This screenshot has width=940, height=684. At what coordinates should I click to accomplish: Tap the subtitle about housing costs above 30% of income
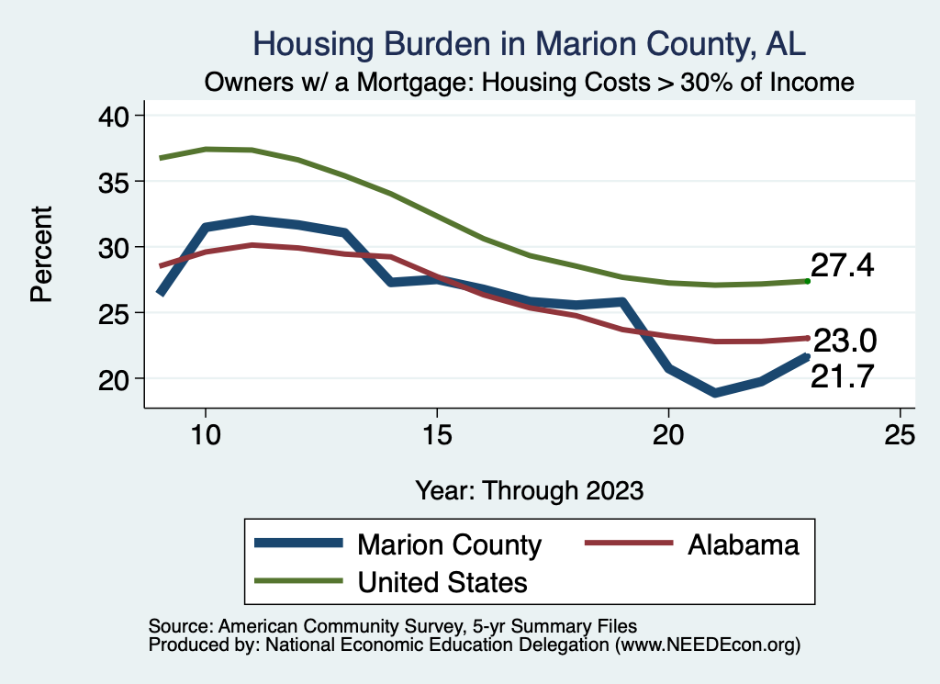529,83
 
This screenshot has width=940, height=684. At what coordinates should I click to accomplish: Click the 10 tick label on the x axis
206,435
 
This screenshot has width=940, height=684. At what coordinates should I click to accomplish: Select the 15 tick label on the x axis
437,435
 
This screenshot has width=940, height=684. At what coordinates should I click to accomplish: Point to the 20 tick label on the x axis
668,435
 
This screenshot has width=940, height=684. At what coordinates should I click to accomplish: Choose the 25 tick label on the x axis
900,435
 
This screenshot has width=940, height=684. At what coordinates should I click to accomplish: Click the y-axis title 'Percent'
40,254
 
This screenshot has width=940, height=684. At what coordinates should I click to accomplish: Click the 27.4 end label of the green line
842,266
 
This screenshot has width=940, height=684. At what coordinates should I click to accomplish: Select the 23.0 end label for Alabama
845,342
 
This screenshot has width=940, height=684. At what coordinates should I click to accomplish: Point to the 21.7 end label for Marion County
842,375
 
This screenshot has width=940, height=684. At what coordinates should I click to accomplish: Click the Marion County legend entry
449,544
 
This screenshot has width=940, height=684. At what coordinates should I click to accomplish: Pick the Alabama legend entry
743,544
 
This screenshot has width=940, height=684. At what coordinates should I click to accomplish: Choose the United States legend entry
442,581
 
